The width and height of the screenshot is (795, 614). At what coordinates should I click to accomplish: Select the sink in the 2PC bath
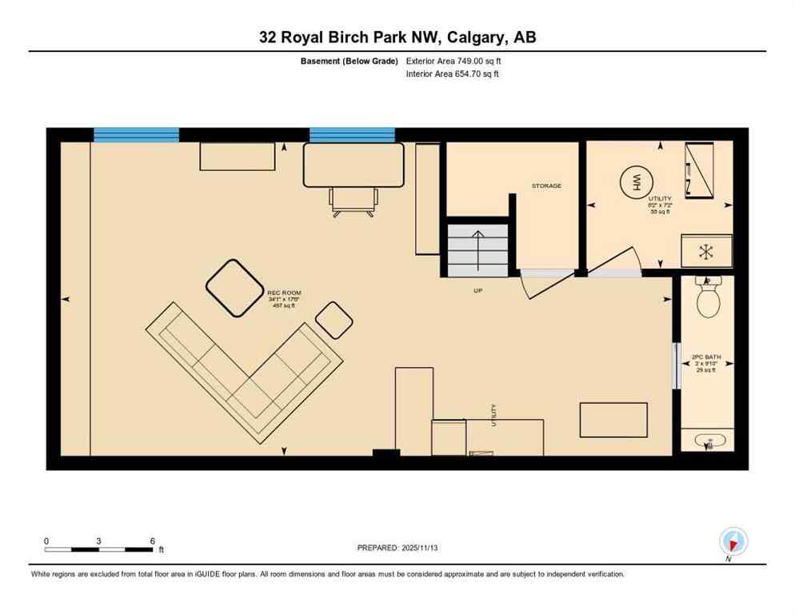(709, 441)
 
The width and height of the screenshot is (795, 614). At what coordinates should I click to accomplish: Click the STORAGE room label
(546, 185)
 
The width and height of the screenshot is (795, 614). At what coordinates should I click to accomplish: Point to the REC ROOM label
(284, 293)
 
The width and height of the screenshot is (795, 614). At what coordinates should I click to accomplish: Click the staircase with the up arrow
(477, 249)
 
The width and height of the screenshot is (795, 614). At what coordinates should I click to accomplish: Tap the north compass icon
(733, 541)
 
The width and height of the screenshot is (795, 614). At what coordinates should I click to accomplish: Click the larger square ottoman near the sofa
(235, 288)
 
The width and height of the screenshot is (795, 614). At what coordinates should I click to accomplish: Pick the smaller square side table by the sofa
(334, 321)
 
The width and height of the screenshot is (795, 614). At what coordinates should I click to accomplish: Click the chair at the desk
(353, 201)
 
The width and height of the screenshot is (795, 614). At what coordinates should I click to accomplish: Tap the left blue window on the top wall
(136, 134)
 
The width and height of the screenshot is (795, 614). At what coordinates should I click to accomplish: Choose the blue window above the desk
(352, 134)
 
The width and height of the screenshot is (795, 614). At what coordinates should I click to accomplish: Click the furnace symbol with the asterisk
(705, 251)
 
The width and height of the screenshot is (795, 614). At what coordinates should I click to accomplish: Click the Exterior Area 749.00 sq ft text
(454, 61)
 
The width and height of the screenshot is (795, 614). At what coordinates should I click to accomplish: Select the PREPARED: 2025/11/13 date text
(397, 548)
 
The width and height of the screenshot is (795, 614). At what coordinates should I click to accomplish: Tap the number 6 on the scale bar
(152, 540)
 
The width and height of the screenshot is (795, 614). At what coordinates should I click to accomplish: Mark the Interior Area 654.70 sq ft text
(453, 74)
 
